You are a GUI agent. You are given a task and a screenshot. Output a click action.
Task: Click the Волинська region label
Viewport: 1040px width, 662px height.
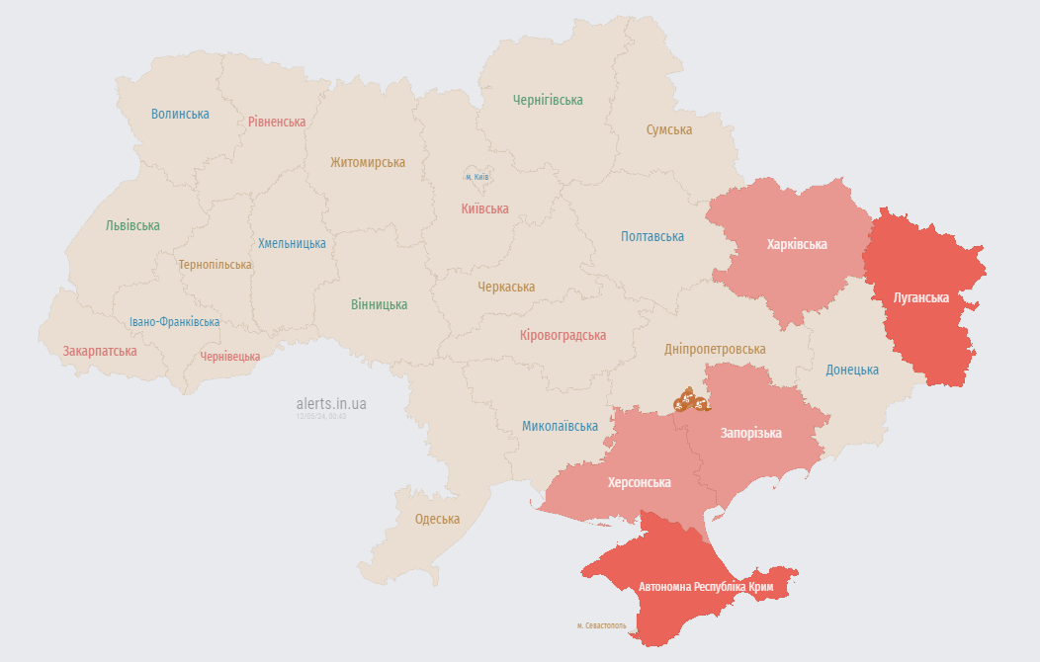[x=180, y=114]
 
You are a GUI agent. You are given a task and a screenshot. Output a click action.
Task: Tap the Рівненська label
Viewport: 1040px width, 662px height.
[x=277, y=122]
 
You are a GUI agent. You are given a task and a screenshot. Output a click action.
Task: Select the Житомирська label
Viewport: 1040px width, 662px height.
[x=368, y=162]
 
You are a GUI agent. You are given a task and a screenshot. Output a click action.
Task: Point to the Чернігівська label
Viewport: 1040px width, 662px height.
[x=548, y=100]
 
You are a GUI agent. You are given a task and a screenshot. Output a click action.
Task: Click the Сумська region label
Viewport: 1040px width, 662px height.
[x=669, y=129]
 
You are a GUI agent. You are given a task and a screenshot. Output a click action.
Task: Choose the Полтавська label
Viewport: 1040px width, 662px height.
[x=652, y=236]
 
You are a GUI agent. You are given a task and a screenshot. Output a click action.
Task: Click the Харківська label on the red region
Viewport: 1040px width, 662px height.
[x=797, y=244]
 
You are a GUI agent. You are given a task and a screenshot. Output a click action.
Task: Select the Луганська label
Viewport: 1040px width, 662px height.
[x=920, y=296]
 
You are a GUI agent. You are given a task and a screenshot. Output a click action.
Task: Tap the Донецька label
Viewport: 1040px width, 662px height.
[x=852, y=370]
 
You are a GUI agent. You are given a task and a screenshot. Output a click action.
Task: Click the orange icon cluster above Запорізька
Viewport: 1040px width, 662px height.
[x=690, y=400]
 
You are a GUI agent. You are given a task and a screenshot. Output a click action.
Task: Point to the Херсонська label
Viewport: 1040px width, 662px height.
[x=639, y=482]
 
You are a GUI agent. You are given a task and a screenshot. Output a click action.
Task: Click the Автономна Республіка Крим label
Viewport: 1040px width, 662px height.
[x=705, y=587]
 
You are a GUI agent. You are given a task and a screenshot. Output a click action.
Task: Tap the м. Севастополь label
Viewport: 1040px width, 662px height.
[x=601, y=625]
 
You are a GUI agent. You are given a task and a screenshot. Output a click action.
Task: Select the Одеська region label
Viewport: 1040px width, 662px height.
[x=437, y=519]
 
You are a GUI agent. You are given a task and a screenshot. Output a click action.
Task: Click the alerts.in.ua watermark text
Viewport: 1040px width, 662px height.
[x=331, y=403]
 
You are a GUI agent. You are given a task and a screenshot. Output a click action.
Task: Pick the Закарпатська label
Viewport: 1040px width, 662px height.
[x=100, y=351]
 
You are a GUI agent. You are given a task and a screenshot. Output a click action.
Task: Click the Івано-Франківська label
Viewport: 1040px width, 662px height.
[x=175, y=322]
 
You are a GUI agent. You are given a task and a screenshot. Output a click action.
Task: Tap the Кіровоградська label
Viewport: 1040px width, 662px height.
[x=563, y=335]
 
